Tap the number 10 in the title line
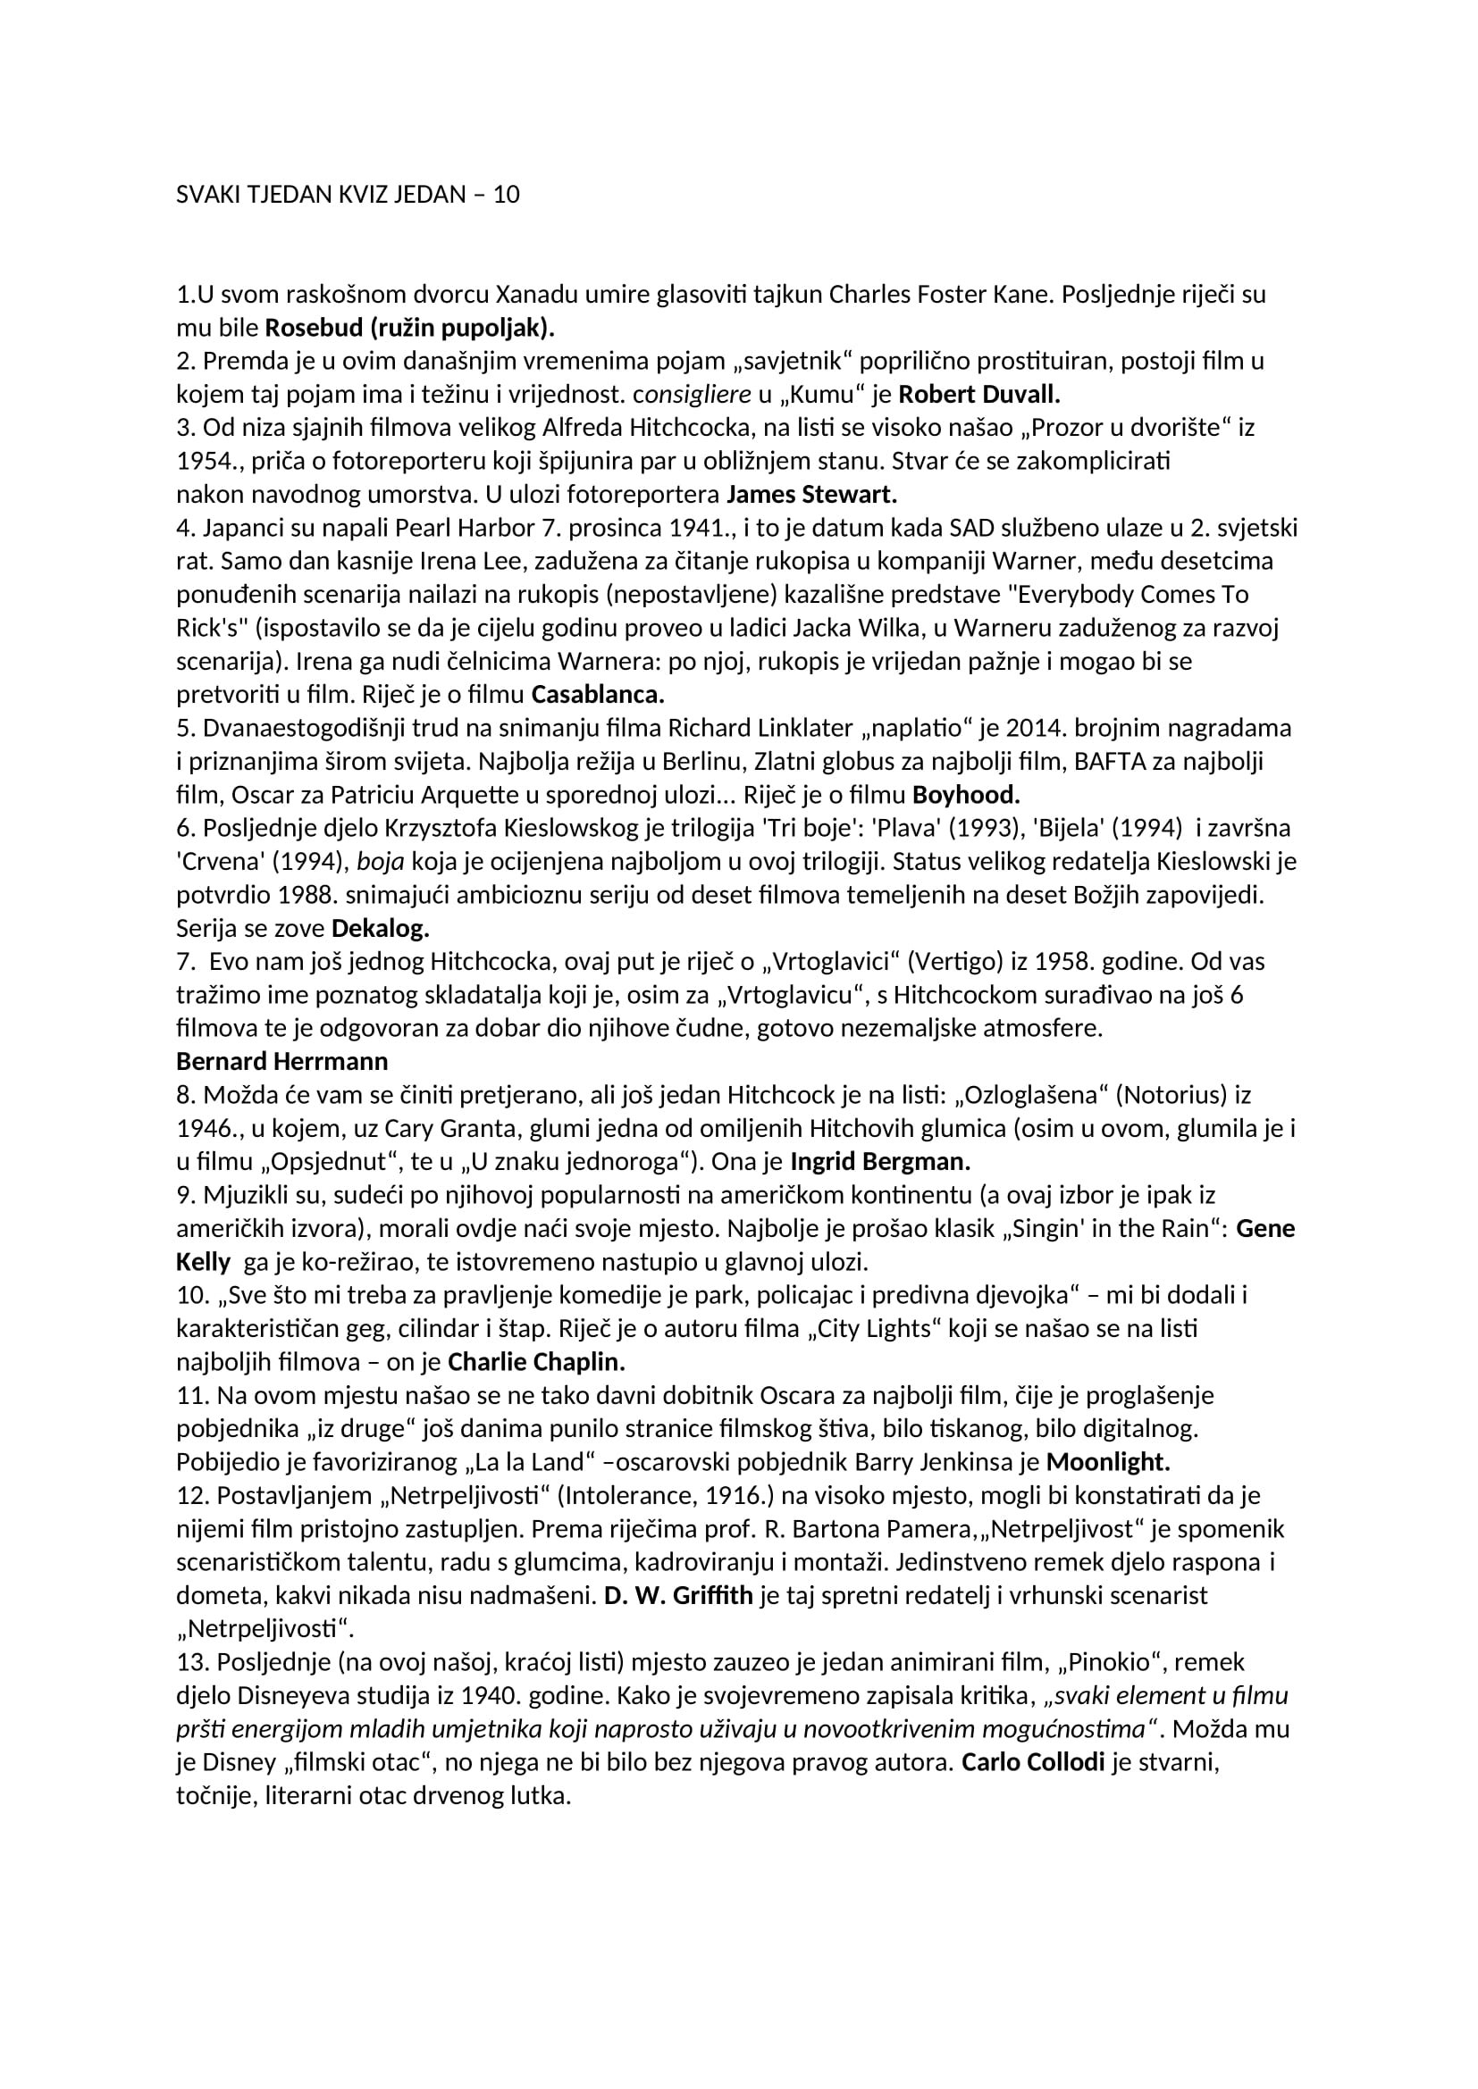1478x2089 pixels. click(x=506, y=195)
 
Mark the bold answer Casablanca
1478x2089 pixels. click(x=598, y=695)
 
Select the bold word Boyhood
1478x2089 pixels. click(x=966, y=795)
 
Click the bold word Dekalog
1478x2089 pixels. click(x=381, y=929)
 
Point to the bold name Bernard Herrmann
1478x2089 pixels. click(x=282, y=1062)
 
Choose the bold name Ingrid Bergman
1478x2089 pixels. click(x=880, y=1162)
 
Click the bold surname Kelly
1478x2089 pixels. click(x=203, y=1262)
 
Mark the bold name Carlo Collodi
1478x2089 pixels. click(x=1033, y=1762)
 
